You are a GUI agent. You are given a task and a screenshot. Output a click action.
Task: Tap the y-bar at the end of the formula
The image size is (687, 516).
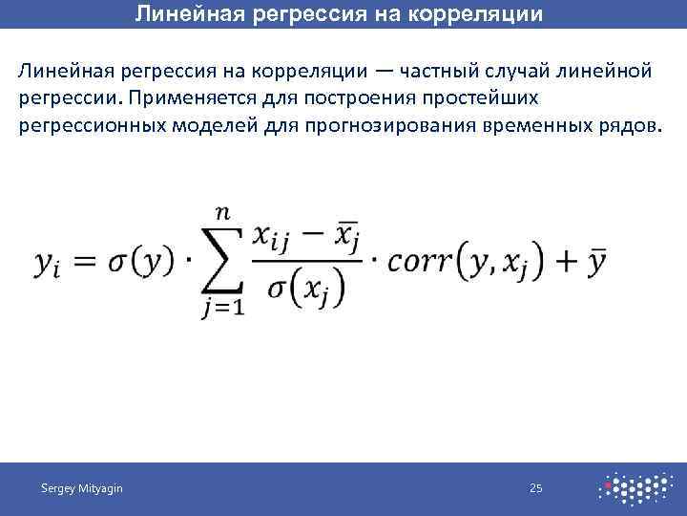(x=597, y=260)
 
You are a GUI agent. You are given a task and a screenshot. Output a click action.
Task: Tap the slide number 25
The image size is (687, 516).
(x=536, y=489)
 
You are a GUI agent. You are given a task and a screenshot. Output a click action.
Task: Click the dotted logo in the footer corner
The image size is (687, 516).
(x=634, y=488)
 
